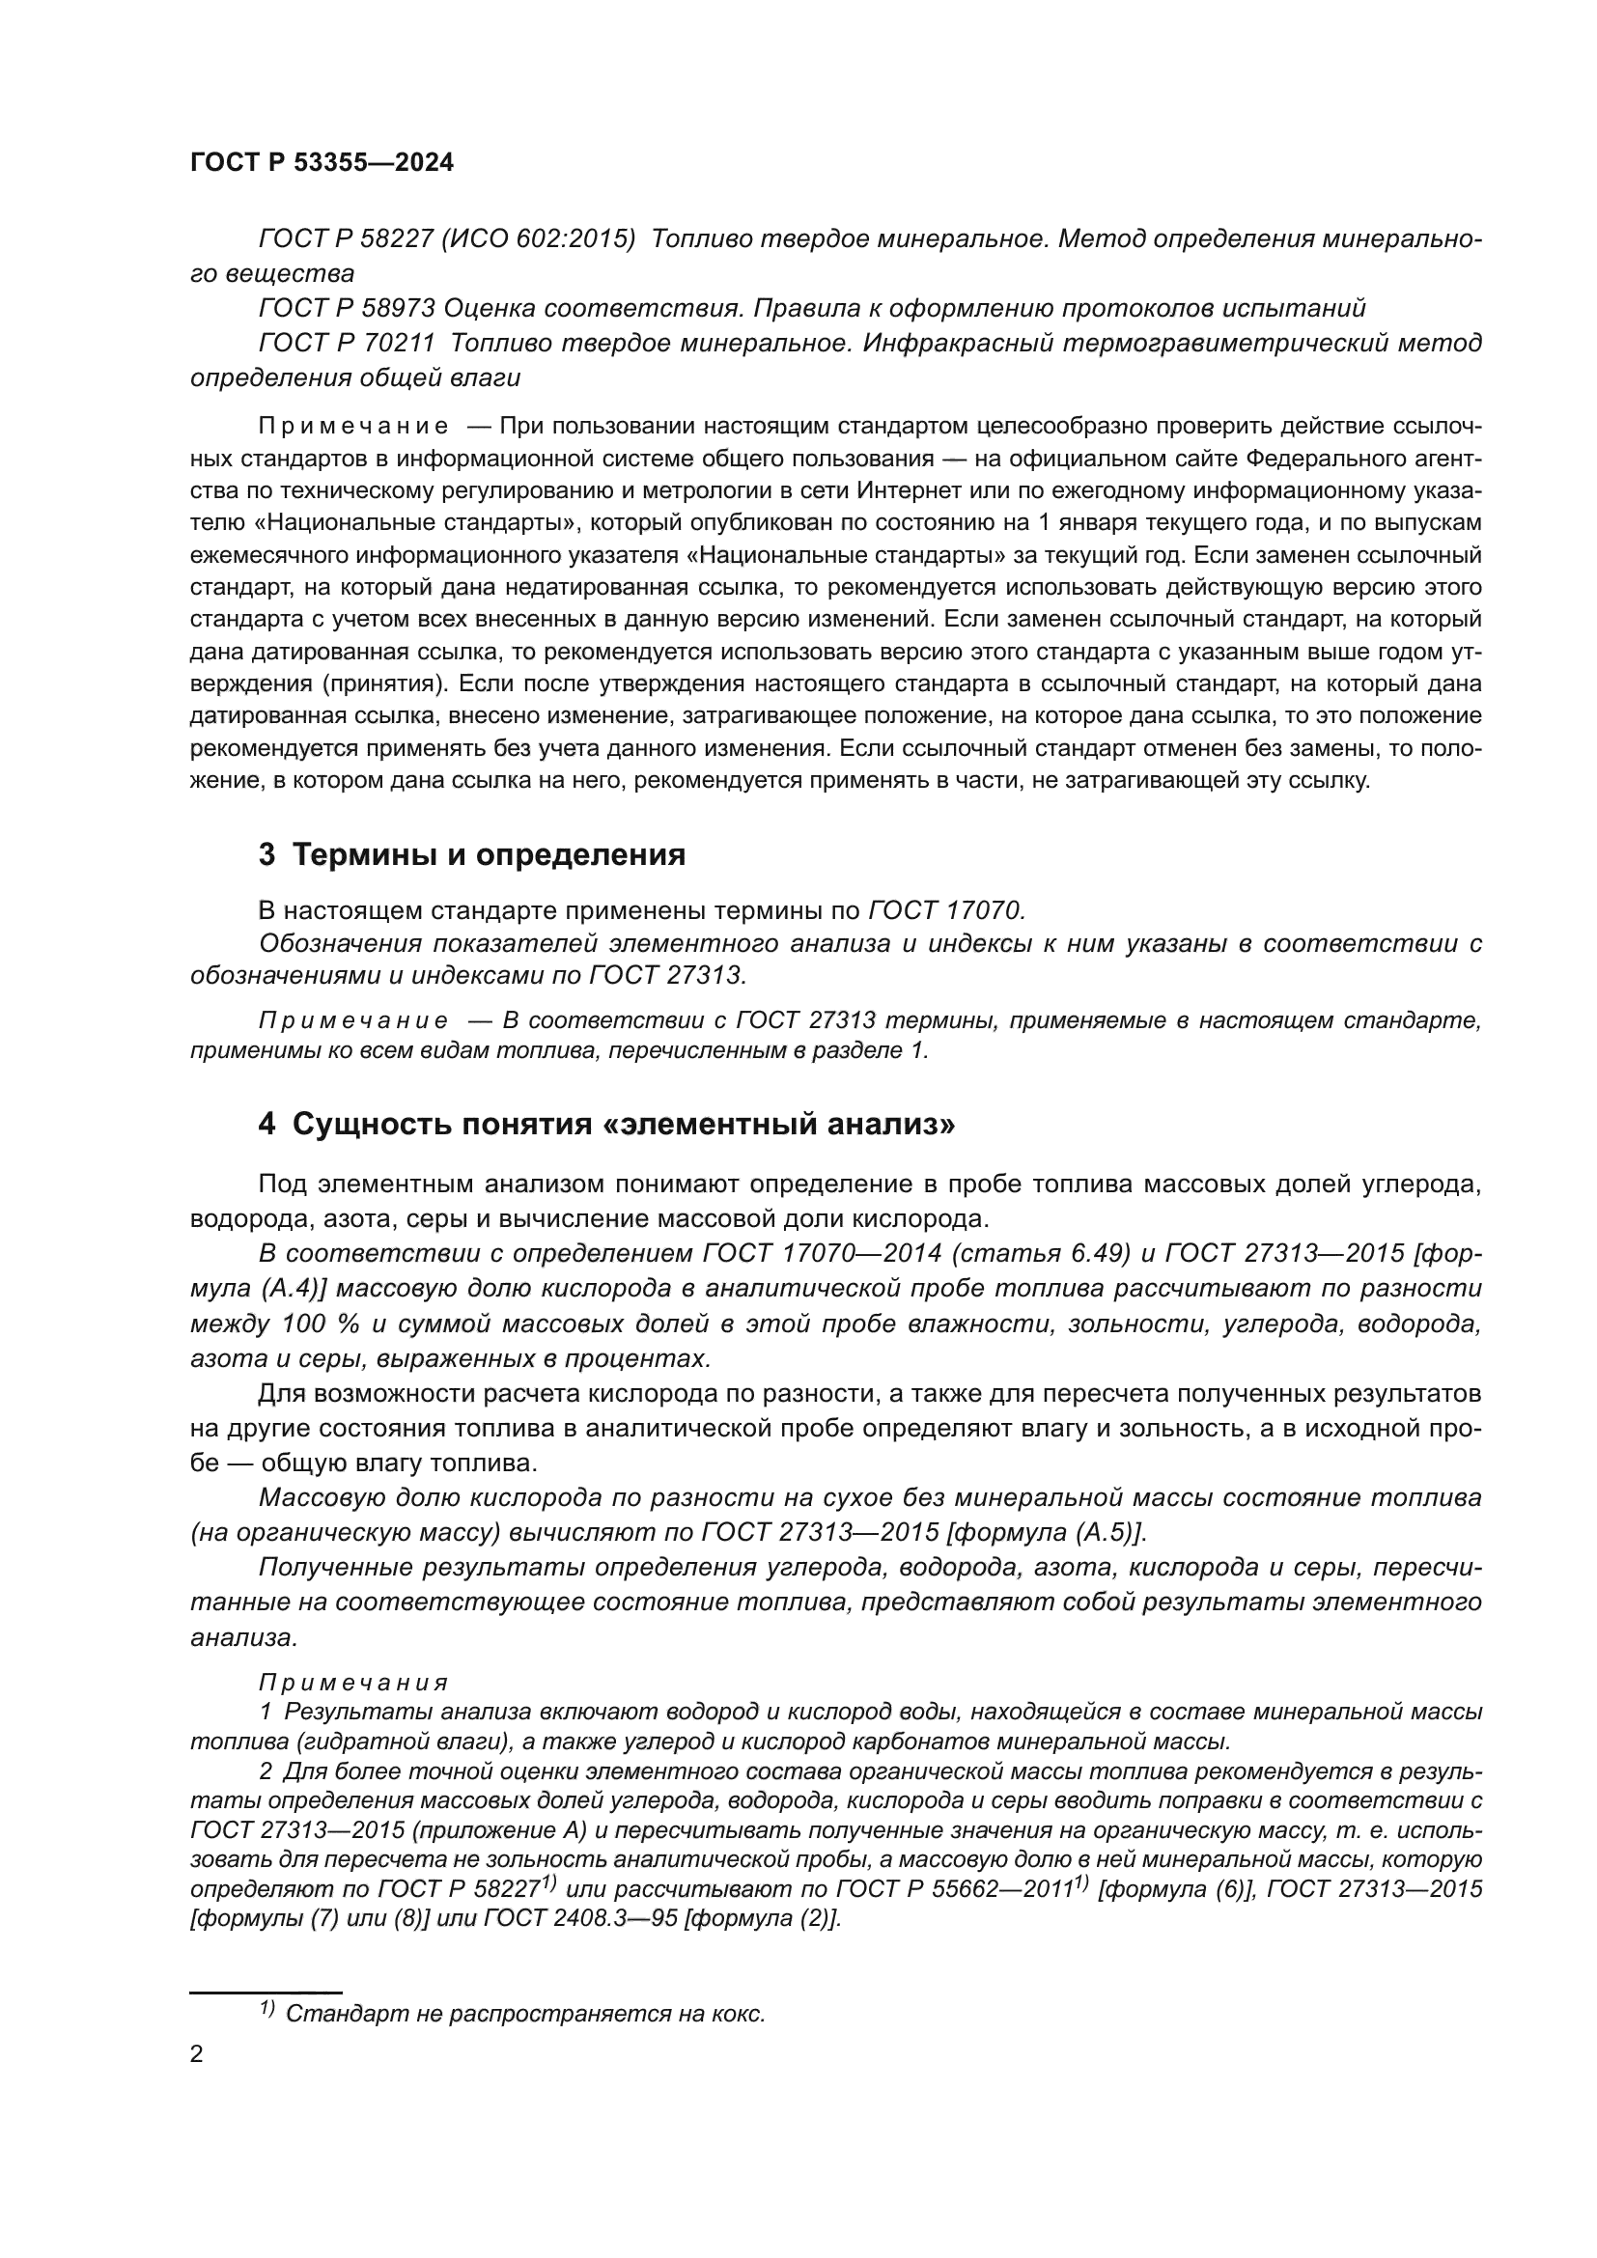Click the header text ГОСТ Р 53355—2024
(322, 163)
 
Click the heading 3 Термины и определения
(472, 854)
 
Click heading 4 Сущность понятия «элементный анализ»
(605, 1123)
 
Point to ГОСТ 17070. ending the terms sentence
(946, 909)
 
